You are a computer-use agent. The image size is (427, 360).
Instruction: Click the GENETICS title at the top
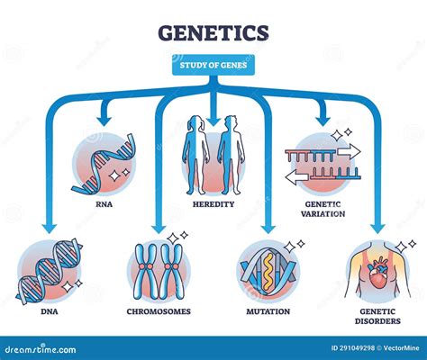(x=213, y=33)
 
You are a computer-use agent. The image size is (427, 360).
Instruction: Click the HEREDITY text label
(x=214, y=204)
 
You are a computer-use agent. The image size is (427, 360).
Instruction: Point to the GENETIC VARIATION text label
(x=324, y=209)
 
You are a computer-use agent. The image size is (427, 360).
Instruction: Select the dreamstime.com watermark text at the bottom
(x=41, y=347)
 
